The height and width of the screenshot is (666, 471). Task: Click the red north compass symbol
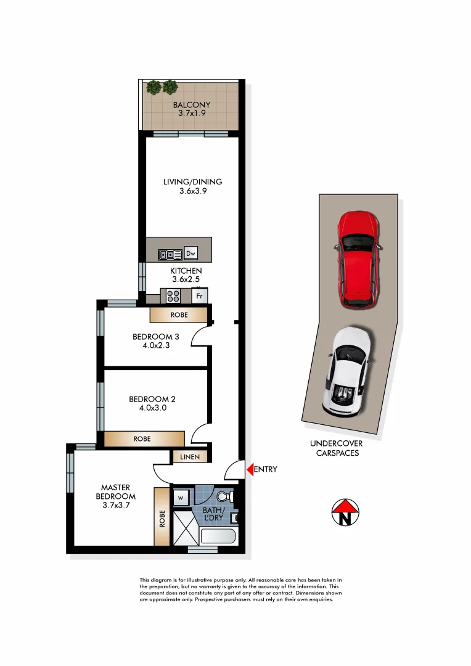coord(346,512)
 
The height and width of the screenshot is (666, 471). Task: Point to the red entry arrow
coord(250,469)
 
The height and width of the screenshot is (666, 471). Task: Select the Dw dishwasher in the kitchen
coord(190,253)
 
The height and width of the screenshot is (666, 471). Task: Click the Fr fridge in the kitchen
coord(199,296)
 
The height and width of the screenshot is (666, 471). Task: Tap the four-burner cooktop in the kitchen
coord(173,296)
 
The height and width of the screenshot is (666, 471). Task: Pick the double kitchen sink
coord(168,253)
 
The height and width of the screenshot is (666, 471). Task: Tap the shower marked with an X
coord(185,527)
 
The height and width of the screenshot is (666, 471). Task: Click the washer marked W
coord(182,496)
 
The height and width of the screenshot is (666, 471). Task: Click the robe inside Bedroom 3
coord(178,315)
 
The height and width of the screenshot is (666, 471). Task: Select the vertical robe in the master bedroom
coord(162,517)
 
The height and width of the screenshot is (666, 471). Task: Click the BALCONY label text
coord(190,105)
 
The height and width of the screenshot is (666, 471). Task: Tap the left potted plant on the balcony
coord(154,88)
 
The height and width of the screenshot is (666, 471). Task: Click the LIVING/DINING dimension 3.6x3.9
coord(192,191)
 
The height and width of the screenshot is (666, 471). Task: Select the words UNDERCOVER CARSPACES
coord(336,448)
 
